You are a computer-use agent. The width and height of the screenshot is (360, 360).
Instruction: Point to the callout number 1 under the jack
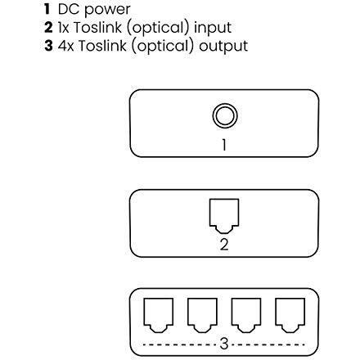[x=224, y=145]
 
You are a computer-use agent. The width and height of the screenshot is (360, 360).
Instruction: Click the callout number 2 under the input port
[x=224, y=245]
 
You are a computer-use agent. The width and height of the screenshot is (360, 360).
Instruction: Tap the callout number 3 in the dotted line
[x=224, y=344]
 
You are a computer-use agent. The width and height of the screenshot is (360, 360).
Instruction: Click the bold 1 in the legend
[x=47, y=9]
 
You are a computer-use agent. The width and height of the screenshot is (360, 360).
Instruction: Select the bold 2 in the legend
[x=48, y=27]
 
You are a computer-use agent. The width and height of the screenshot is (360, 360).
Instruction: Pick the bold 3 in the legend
[x=48, y=46]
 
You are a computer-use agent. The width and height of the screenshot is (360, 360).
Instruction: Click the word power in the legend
[x=107, y=11]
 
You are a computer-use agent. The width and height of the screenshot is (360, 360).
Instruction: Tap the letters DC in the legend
[x=70, y=9]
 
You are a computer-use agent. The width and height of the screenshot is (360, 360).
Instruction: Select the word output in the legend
[x=223, y=47]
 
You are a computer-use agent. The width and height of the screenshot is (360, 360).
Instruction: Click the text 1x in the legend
[x=64, y=27]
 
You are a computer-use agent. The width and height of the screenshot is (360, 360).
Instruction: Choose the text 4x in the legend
[x=65, y=46]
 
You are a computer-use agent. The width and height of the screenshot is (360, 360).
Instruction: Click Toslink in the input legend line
[x=97, y=27]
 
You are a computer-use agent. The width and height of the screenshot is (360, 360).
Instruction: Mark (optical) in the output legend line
[x=163, y=46]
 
